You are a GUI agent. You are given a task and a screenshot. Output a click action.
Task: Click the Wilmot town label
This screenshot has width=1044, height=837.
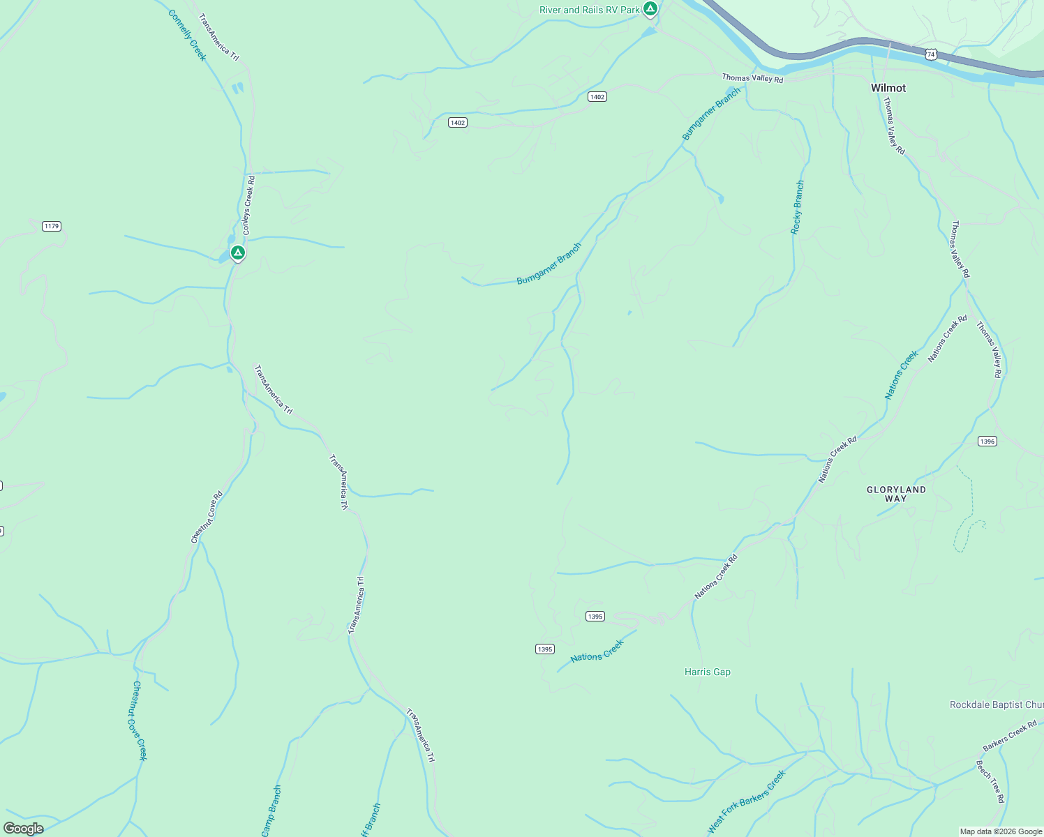(888, 88)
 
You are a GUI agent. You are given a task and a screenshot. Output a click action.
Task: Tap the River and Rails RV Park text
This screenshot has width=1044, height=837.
(589, 10)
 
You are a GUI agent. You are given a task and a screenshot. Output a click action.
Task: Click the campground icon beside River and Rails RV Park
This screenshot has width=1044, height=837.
(650, 8)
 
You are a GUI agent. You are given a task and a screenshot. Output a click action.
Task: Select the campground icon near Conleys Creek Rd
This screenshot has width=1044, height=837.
(238, 252)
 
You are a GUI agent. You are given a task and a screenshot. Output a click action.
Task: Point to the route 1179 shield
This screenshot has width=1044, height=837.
(52, 226)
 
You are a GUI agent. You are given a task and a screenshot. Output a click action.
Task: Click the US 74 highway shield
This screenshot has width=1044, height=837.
(931, 54)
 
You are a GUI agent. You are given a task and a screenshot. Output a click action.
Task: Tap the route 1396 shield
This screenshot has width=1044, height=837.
(987, 442)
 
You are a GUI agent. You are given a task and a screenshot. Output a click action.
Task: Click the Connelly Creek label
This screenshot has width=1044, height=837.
(188, 35)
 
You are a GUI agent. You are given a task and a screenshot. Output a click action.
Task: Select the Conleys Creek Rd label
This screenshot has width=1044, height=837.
(248, 205)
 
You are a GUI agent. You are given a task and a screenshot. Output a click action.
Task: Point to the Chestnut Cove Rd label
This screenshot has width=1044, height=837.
(207, 517)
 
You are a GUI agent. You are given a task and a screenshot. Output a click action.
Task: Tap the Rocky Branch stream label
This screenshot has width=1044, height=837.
(798, 207)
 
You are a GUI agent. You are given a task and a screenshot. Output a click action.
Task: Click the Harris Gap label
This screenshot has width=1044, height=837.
(708, 672)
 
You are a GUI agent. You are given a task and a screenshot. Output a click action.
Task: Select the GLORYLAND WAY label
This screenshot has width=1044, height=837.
(896, 494)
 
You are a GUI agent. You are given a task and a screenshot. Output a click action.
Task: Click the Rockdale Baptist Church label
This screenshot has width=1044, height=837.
(997, 704)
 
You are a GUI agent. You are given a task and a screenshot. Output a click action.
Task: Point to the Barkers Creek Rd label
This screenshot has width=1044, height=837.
(1009, 737)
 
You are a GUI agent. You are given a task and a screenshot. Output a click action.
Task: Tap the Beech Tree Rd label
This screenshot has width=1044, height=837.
(990, 782)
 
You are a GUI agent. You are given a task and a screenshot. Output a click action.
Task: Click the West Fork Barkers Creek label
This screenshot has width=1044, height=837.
(747, 801)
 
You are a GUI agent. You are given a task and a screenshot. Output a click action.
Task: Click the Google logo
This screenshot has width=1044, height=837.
(24, 828)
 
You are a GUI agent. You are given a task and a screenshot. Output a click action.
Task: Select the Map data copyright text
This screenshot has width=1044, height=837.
(1001, 831)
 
